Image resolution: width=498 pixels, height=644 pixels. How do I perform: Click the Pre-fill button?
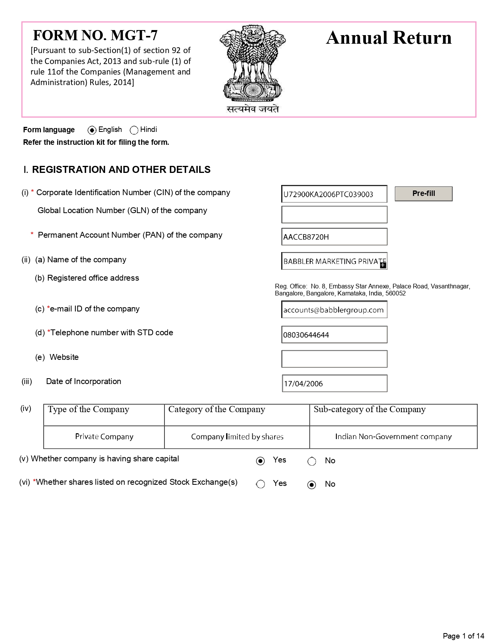pos(423,194)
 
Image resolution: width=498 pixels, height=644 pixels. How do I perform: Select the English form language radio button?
pos(92,130)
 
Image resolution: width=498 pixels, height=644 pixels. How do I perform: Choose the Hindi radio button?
pos(134,130)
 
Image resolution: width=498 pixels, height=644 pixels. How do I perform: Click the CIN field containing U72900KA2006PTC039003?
pos(334,194)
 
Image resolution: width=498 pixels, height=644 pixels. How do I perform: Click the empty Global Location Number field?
pos(334,215)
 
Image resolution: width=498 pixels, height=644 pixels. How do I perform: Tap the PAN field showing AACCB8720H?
pos(334,237)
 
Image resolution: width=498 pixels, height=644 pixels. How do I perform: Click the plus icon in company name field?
pos(383,265)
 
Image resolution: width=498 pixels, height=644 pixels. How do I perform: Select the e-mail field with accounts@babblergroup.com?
pos(334,310)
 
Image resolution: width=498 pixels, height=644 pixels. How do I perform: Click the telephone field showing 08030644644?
pos(334,335)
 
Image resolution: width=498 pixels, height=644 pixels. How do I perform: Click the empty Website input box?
pos(334,359)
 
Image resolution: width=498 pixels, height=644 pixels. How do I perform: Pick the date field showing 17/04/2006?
pos(334,383)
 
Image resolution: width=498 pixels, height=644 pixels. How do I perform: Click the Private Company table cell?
pos(104,437)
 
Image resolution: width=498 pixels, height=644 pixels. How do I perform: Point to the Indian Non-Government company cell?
pos(393,437)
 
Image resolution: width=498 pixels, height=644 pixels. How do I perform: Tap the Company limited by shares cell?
pos(237,437)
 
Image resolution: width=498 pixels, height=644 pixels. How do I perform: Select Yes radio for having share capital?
pos(261,461)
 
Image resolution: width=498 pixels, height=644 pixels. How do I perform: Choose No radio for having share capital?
pos(312,461)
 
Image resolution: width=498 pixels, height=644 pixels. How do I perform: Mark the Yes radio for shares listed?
pos(261,484)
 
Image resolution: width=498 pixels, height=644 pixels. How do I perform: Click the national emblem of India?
pos(253,66)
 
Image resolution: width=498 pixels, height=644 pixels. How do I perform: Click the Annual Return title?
pos(389,38)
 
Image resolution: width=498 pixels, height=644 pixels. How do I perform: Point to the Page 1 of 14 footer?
pos(463,636)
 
